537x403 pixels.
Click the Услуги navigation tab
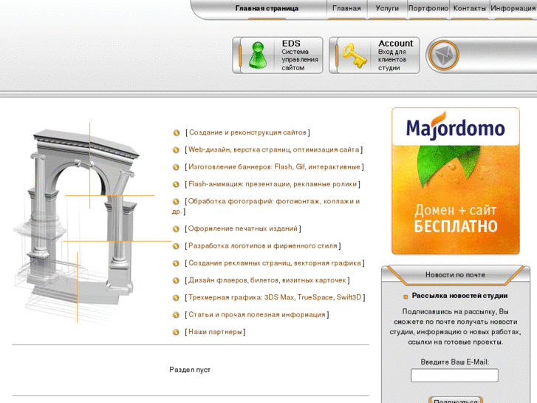(387, 8)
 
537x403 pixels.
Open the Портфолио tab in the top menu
(428, 8)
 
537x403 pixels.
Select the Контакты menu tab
(469, 8)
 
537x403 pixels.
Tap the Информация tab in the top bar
(513, 8)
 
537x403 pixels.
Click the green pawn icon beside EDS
(258, 55)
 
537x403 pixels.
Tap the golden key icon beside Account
(355, 55)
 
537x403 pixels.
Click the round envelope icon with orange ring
(444, 55)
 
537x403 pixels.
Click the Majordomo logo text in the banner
(456, 128)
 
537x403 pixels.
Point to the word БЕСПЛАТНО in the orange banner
(456, 226)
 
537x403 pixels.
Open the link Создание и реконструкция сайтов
(247, 132)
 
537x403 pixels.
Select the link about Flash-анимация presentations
(273, 184)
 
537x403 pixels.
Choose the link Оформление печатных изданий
(243, 228)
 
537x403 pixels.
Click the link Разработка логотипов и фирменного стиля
(263, 246)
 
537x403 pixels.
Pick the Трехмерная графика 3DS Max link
(275, 297)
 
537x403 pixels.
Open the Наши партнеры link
(215, 332)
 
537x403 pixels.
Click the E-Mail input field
(454, 375)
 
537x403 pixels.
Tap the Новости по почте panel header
(455, 275)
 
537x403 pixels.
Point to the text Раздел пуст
(190, 370)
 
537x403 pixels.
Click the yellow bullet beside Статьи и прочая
(176, 315)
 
